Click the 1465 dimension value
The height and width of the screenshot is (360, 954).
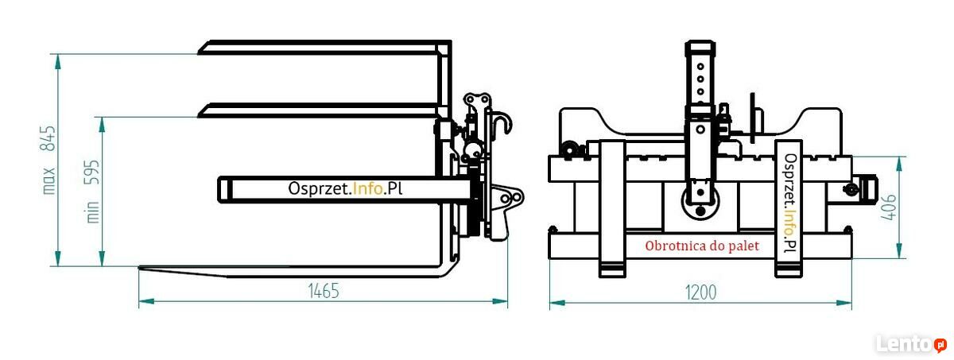pyautogui.click(x=324, y=291)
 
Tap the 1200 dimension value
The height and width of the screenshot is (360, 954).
pyautogui.click(x=700, y=292)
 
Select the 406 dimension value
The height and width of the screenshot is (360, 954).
pyautogui.click(x=889, y=207)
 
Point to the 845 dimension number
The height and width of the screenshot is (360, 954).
pyautogui.click(x=48, y=137)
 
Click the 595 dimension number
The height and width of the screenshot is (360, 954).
pyautogui.click(x=91, y=172)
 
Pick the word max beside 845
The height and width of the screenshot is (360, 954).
pyautogui.click(x=49, y=181)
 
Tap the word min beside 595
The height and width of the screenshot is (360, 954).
pyautogui.click(x=92, y=212)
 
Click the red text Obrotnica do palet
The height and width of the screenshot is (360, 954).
pyautogui.click(x=702, y=246)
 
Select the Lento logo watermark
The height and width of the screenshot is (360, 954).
pyautogui.click(x=911, y=344)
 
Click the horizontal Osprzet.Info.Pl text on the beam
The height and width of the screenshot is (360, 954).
pyautogui.click(x=345, y=188)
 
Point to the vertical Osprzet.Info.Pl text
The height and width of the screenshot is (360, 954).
pyautogui.click(x=790, y=203)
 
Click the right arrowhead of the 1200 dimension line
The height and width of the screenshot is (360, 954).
pyautogui.click(x=844, y=303)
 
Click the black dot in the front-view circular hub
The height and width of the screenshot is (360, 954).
pyautogui.click(x=700, y=211)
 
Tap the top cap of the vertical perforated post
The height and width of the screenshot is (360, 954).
pyautogui.click(x=700, y=47)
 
